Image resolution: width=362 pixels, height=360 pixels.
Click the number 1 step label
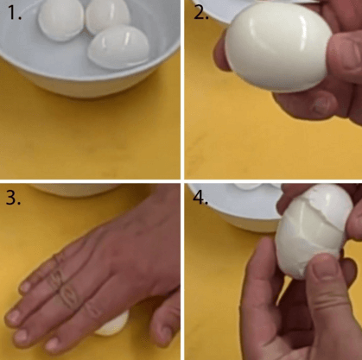(15, 13)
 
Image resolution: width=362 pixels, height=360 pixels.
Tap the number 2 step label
(200, 13)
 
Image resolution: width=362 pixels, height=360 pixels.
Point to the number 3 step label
(13, 198)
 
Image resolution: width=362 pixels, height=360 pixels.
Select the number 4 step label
(200, 198)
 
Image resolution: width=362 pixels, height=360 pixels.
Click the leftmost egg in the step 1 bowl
(60, 20)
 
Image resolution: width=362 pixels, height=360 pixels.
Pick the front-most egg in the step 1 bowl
(118, 47)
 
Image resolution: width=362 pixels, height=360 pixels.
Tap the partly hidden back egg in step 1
(107, 16)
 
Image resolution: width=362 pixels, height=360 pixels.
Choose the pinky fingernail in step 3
(25, 287)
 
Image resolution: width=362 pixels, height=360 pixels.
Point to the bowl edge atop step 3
(75, 190)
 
